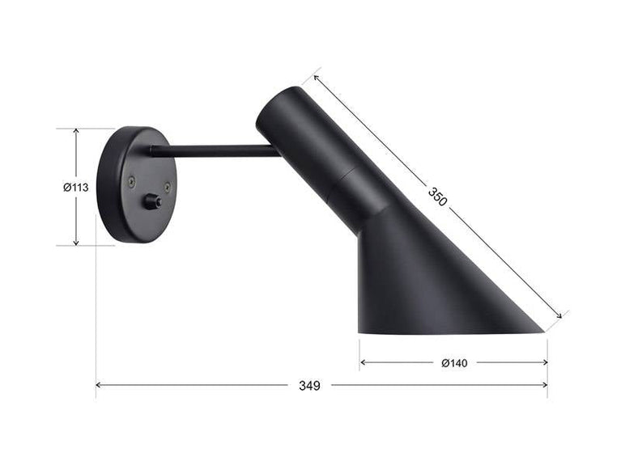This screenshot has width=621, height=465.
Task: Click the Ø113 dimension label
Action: tap(75, 187)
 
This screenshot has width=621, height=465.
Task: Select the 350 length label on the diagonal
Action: tap(437, 197)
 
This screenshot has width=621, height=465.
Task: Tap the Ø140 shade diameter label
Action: tap(454, 363)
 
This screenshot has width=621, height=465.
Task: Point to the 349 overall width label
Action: tap(309, 386)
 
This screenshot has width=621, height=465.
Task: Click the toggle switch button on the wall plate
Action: tap(151, 201)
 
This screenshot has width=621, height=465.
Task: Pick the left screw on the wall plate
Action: tap(131, 184)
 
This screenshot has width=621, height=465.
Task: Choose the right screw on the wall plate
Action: tap(167, 187)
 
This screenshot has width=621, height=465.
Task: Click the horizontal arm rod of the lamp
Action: tap(215, 150)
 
